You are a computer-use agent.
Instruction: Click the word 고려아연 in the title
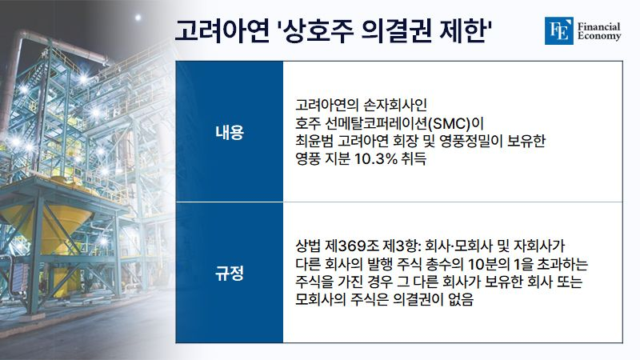(x=222, y=30)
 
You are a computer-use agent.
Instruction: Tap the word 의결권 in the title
(x=396, y=30)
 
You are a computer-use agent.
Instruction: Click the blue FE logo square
(x=558, y=30)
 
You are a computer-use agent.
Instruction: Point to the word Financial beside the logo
(x=598, y=26)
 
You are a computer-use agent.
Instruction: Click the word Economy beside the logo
(x=599, y=36)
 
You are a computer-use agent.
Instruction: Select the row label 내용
(x=230, y=132)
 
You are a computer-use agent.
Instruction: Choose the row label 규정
(x=230, y=273)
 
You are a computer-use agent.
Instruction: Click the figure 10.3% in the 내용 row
(x=375, y=158)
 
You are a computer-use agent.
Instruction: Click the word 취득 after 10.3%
(x=414, y=158)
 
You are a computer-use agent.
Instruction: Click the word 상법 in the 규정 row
(x=308, y=246)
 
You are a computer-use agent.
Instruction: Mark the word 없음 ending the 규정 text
(x=461, y=299)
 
